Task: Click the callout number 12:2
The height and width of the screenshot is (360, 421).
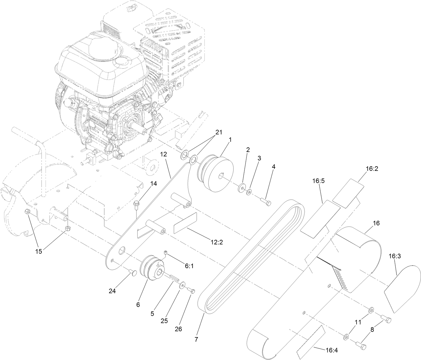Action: [x=216, y=242]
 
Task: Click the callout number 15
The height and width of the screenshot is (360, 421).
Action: [x=38, y=251]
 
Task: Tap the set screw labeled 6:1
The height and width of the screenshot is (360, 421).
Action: [x=166, y=252]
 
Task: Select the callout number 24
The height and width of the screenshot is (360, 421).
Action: [x=112, y=291]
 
